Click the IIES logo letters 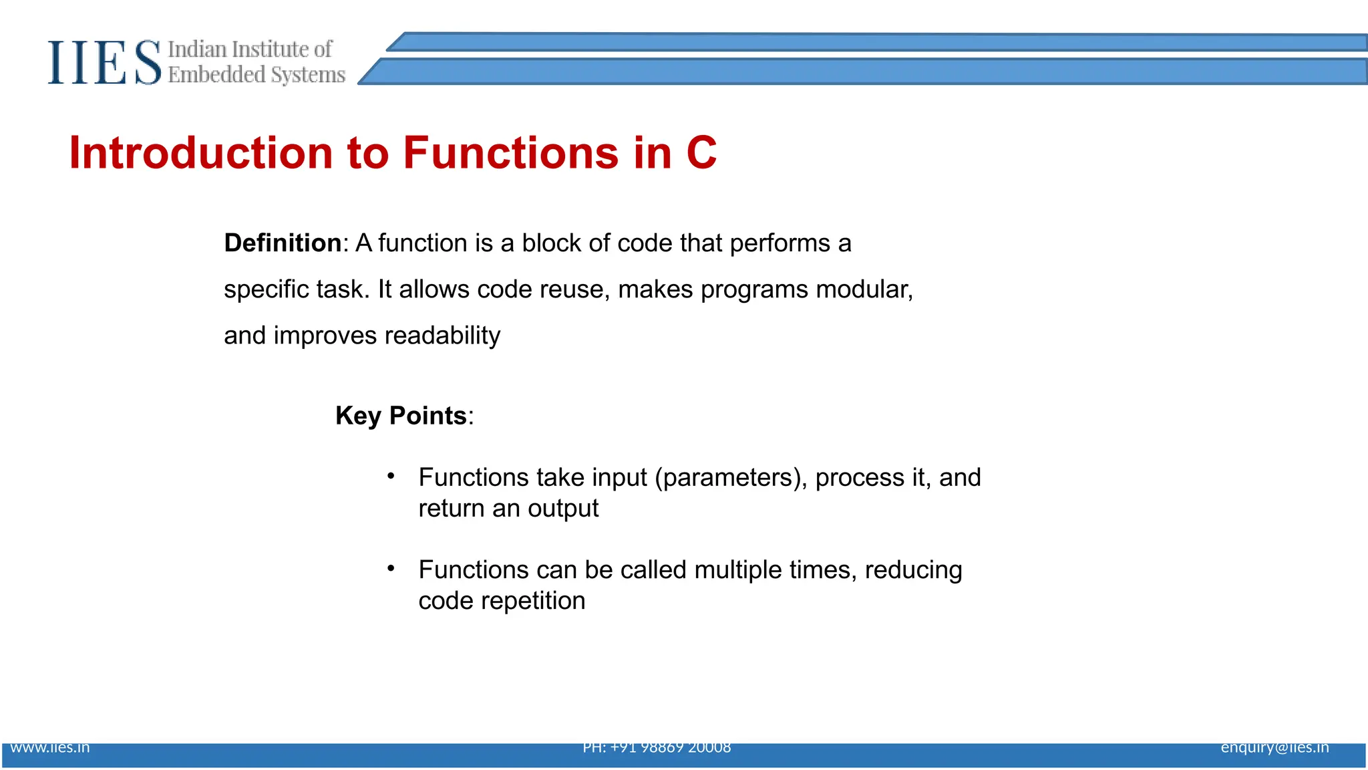click(x=104, y=63)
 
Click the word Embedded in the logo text click(x=216, y=75)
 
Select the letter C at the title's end click(x=701, y=153)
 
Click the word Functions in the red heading click(x=510, y=153)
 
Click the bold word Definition click(x=283, y=243)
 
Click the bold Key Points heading click(x=401, y=416)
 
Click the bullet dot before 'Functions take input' click(x=391, y=476)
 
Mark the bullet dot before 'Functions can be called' click(x=391, y=568)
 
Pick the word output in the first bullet click(x=562, y=509)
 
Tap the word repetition click(x=532, y=601)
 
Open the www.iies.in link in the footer click(x=50, y=748)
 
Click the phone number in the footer click(x=657, y=748)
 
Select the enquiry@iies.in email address click(x=1274, y=748)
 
